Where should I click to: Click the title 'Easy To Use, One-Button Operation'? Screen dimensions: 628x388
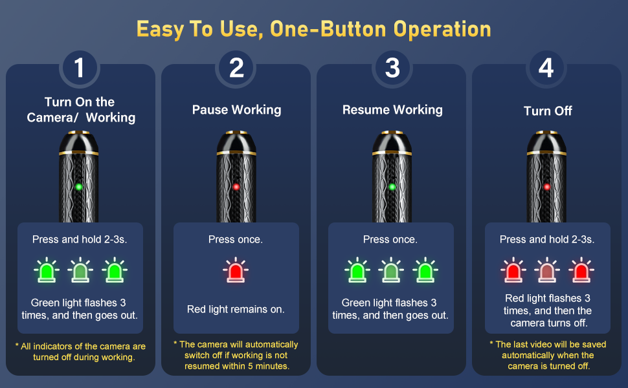(313, 29)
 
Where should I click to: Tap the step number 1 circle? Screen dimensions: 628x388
(79, 68)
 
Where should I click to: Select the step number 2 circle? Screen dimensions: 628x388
(236, 68)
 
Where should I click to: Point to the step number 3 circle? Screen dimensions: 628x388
(392, 68)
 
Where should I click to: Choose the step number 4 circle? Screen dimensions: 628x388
(546, 68)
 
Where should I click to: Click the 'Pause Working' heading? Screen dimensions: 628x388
(236, 109)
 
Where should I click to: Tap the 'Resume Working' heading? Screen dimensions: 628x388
(392, 109)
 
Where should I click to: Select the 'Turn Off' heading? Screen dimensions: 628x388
(548, 111)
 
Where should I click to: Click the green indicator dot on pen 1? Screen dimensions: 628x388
(79, 187)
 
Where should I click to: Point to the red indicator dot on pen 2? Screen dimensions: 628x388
(236, 187)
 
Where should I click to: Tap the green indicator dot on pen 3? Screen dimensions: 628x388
(392, 187)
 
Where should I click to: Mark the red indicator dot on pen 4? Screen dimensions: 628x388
(546, 187)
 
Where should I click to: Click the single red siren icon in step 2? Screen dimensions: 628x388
(236, 270)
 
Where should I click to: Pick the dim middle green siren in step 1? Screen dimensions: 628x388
(80, 270)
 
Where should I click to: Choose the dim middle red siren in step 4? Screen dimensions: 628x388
(547, 270)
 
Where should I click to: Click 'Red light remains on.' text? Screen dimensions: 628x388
(236, 309)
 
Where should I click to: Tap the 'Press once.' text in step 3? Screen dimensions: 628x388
(390, 239)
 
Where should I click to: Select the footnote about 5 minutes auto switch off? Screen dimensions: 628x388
(236, 355)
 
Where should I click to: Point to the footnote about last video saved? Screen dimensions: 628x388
(548, 355)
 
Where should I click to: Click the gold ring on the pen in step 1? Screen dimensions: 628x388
(79, 153)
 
